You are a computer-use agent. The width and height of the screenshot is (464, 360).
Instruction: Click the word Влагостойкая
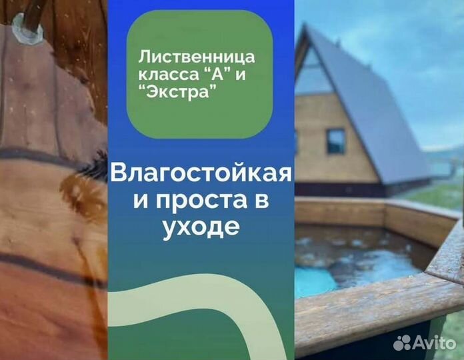[x=201, y=175]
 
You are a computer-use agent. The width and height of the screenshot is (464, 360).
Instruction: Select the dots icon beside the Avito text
[x=403, y=342]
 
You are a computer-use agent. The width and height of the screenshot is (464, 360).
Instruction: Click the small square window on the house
[x=335, y=141]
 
